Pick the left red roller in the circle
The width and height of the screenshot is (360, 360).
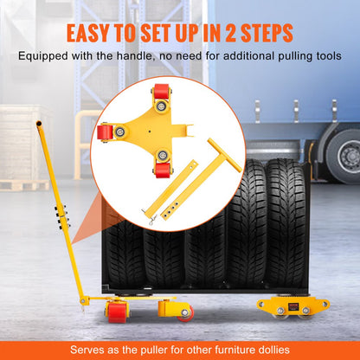(105, 132)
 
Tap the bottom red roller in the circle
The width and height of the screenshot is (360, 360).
(161, 158)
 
